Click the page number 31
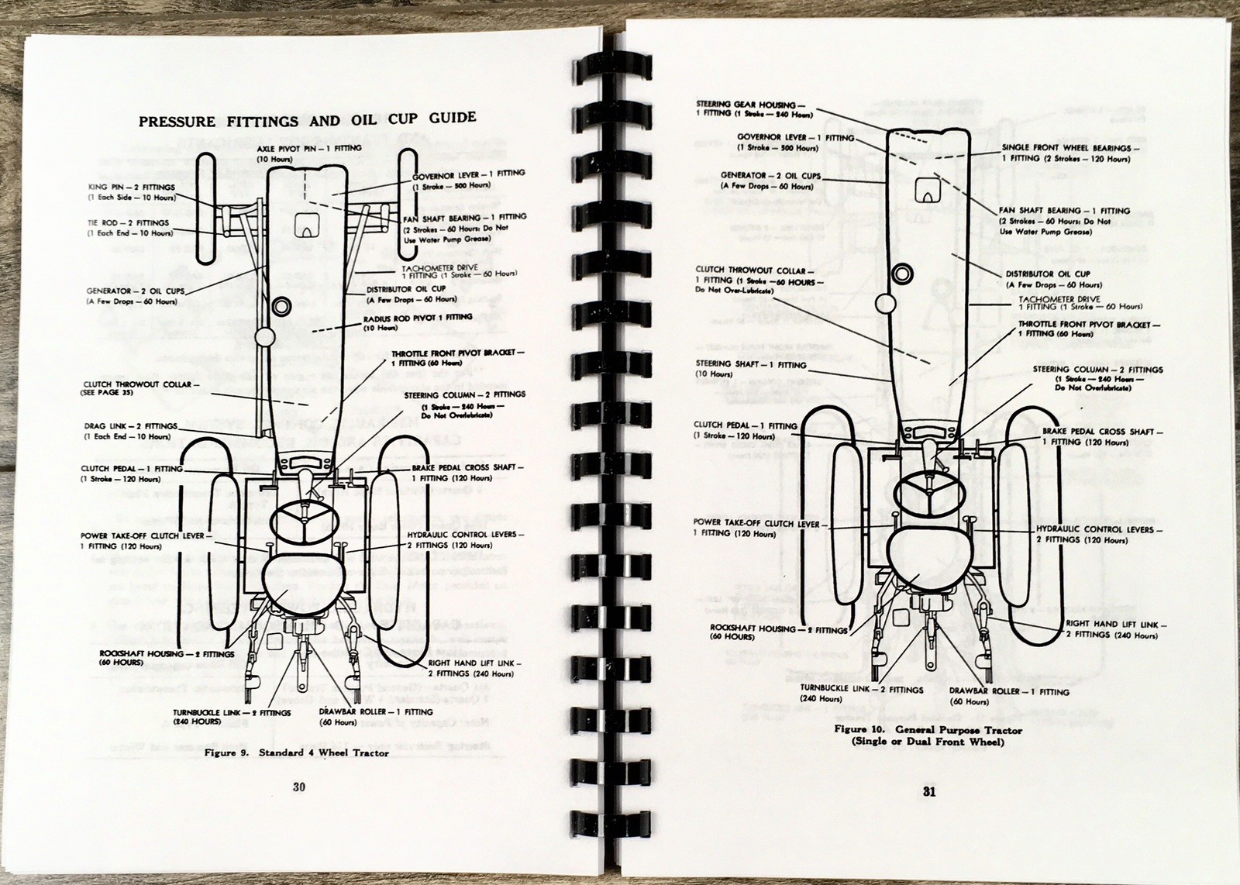[x=928, y=791]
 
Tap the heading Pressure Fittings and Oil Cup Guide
[x=307, y=119]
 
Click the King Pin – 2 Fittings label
[x=132, y=192]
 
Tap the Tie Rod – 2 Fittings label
[x=130, y=228]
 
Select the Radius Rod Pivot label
[x=417, y=322]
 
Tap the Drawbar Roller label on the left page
[x=374, y=716]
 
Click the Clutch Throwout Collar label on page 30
[x=139, y=387]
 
